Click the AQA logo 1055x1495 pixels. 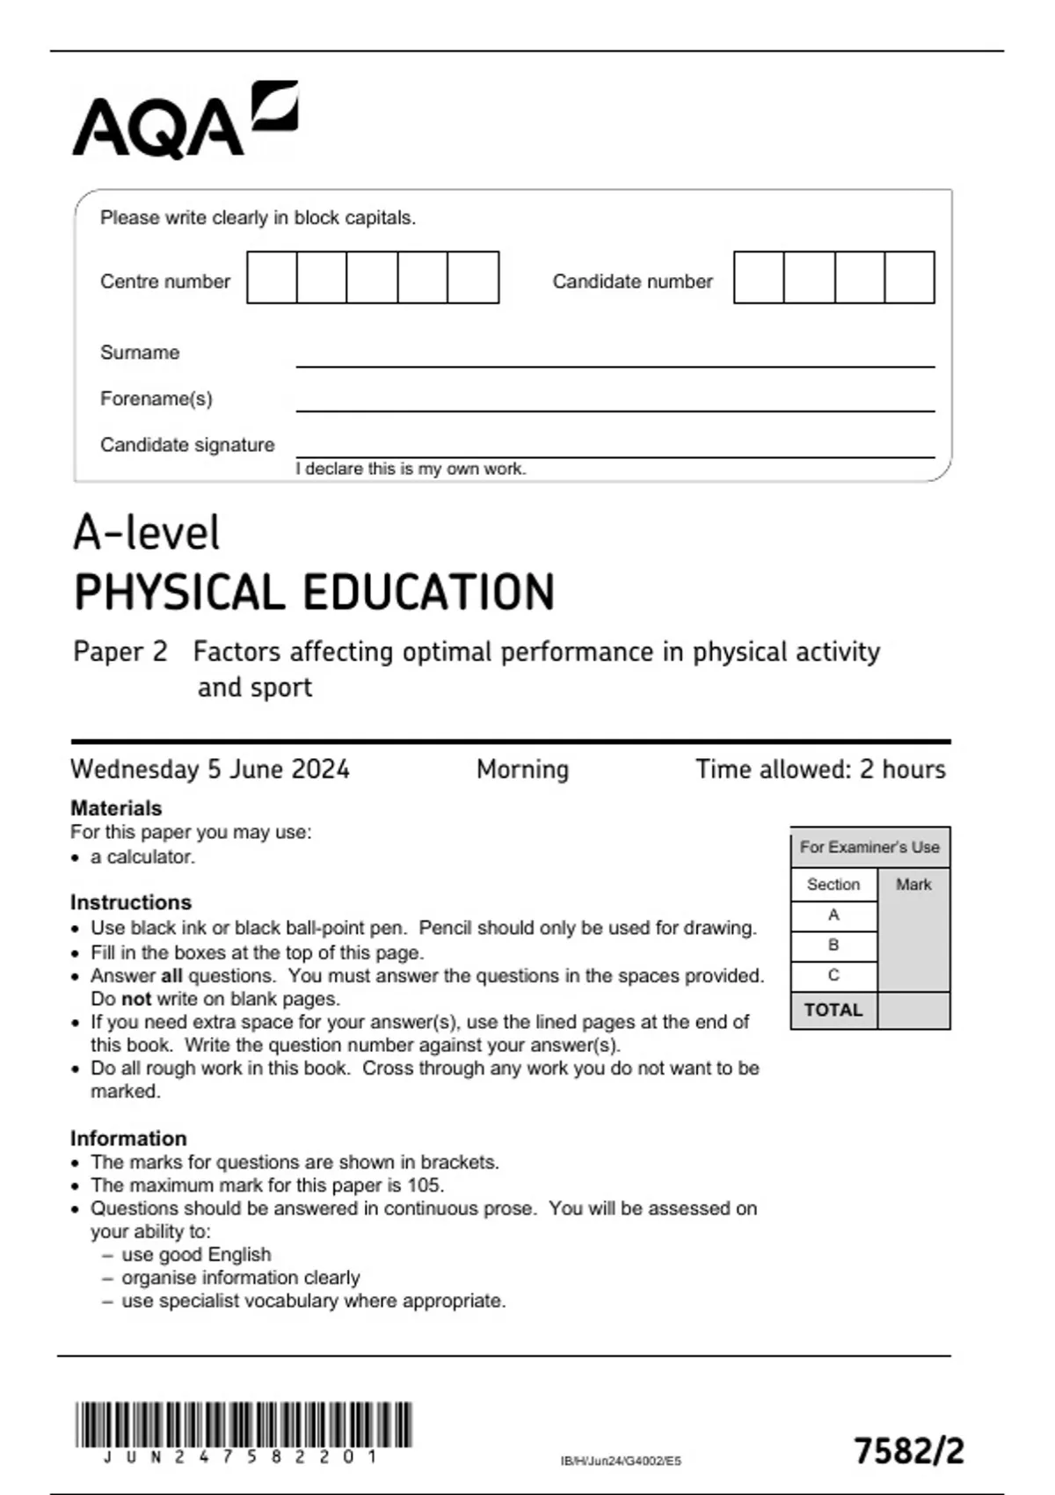[x=185, y=120]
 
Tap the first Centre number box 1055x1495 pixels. [x=272, y=277]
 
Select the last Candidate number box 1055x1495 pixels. [x=909, y=277]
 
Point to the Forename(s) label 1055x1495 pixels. [x=156, y=398]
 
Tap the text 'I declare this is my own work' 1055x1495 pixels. [x=411, y=469]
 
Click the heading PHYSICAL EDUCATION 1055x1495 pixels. [x=314, y=592]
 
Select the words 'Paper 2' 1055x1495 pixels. [x=120, y=652]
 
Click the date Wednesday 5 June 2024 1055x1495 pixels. [x=210, y=769]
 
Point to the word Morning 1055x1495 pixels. [x=522, y=769]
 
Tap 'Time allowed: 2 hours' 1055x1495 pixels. [x=820, y=769]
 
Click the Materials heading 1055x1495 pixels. [x=116, y=807]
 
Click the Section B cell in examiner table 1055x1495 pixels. [x=833, y=945]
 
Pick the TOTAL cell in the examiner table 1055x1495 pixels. [x=833, y=1010]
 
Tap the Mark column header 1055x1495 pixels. [x=913, y=884]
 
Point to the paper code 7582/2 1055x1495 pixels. [x=909, y=1450]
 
